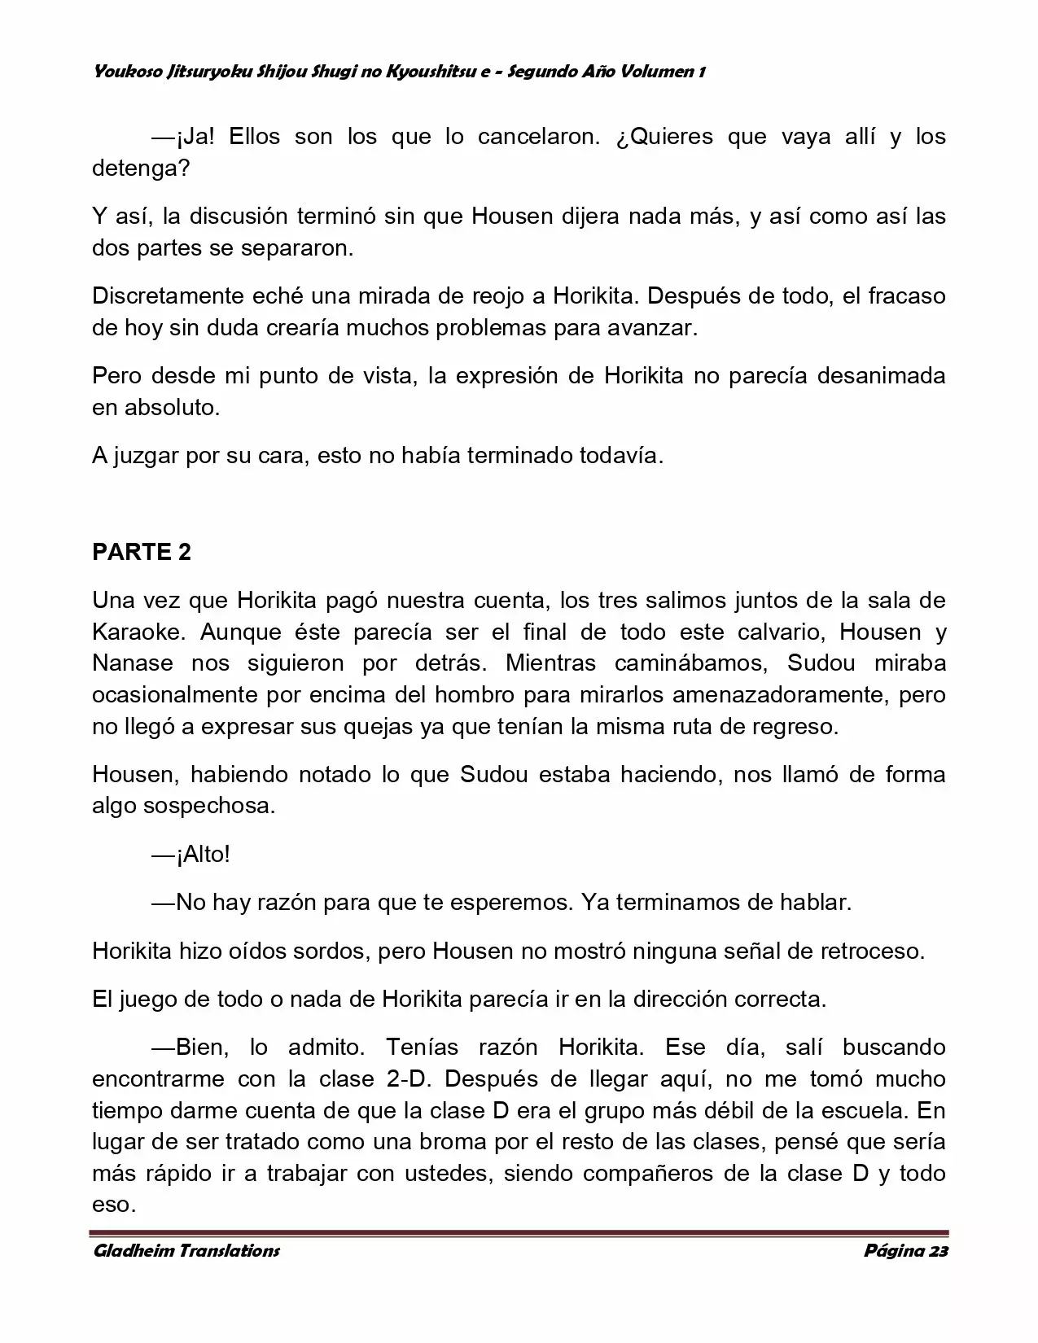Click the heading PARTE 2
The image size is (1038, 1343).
142,552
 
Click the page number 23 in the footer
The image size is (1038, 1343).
938,1251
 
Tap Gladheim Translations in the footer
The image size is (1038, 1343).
186,1251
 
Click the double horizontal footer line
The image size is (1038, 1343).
519,1233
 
